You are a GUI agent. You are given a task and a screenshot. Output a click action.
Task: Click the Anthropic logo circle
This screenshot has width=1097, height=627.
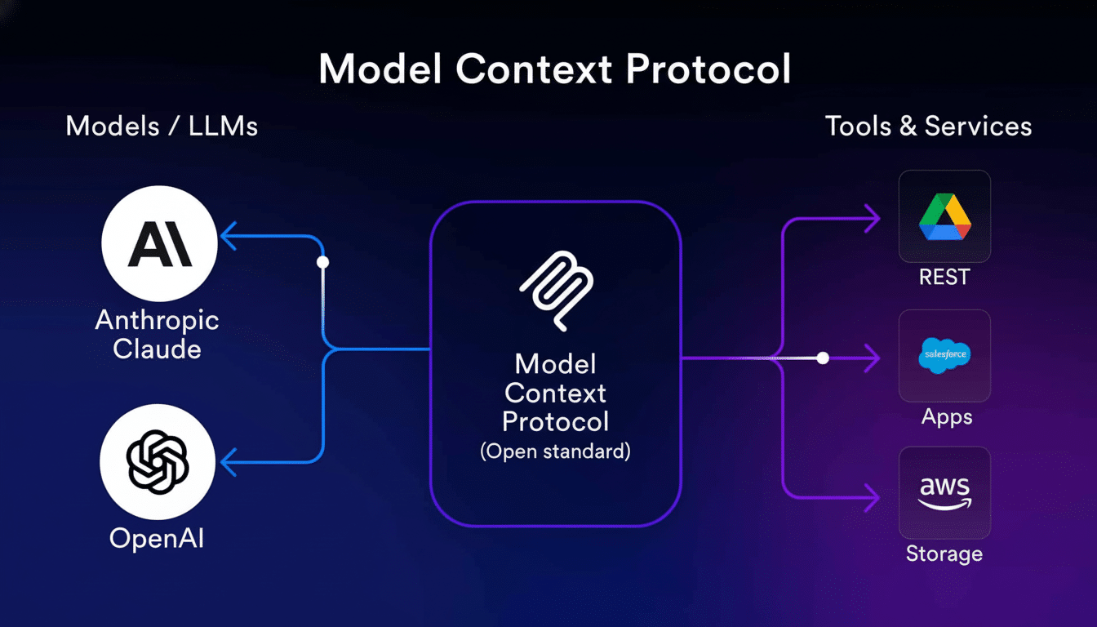(x=159, y=243)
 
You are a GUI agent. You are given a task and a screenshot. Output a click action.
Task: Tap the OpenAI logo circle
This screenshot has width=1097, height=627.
(x=158, y=461)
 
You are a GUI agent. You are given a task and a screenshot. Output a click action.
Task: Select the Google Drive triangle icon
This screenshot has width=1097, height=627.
(x=944, y=216)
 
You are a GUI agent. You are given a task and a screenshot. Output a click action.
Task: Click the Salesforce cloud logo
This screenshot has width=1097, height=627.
(x=944, y=356)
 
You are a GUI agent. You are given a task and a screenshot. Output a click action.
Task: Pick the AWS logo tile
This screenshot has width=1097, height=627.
(x=944, y=492)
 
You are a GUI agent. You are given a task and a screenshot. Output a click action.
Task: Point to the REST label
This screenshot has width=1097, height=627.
(x=944, y=278)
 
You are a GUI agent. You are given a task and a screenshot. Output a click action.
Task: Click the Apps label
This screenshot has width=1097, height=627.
(x=947, y=417)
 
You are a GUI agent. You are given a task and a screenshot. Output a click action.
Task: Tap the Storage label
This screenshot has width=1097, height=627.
(x=944, y=554)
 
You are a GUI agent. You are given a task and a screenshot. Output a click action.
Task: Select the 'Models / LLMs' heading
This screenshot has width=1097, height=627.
(x=162, y=127)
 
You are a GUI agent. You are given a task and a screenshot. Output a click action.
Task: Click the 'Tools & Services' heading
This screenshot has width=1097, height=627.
(x=928, y=127)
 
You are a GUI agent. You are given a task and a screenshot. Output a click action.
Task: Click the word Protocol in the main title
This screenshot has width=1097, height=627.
(x=708, y=70)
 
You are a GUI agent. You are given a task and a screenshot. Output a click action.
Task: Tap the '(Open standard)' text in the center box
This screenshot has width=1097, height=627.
(x=555, y=451)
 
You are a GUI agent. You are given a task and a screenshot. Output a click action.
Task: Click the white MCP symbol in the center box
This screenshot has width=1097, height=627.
(x=556, y=291)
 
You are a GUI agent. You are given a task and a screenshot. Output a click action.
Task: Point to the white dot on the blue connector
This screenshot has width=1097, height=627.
(x=322, y=262)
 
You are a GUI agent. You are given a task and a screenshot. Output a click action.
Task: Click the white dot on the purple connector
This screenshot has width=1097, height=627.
(x=823, y=358)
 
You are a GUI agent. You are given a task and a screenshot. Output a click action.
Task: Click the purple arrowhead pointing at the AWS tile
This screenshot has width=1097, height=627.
(x=873, y=496)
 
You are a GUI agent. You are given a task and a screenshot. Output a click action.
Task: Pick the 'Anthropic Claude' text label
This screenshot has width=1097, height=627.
(x=157, y=334)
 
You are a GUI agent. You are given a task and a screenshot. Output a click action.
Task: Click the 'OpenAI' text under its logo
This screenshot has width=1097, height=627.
(x=157, y=539)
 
